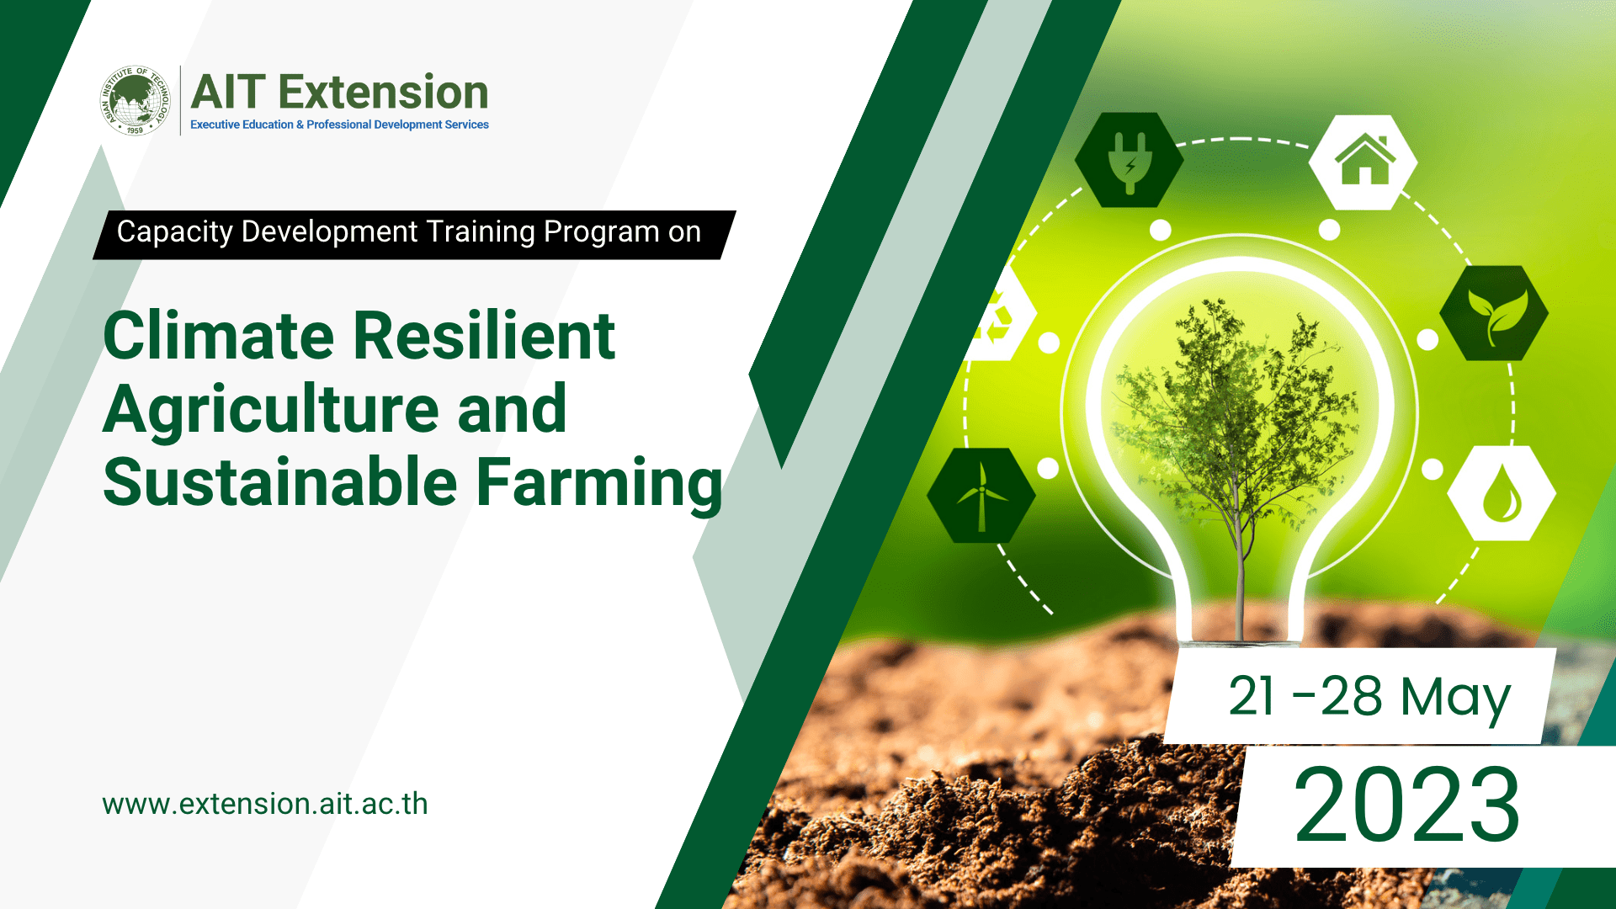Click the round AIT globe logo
(135, 101)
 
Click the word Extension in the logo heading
(383, 93)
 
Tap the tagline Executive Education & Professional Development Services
(339, 125)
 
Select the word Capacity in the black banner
(174, 232)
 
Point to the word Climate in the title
(219, 336)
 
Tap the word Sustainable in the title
(280, 482)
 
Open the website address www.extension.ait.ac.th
(265, 804)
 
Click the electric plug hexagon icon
(1130, 160)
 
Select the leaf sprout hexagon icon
(1494, 314)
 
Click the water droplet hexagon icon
(1501, 494)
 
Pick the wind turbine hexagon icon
(981, 495)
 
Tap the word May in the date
(1455, 697)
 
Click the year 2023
(1407, 805)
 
